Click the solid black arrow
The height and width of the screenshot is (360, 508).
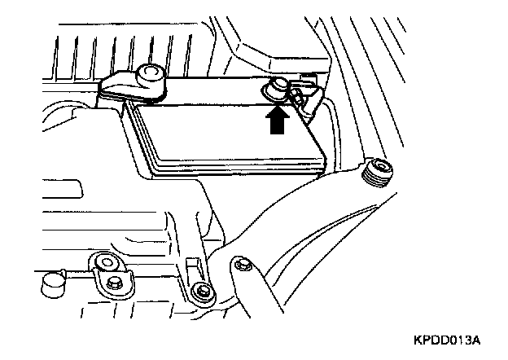point(277,121)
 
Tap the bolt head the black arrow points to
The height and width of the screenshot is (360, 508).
point(277,87)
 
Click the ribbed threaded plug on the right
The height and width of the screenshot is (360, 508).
point(378,172)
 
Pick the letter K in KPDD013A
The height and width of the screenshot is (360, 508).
point(419,337)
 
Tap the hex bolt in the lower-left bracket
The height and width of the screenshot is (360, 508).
point(114,282)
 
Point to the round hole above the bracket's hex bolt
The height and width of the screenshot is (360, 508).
point(104,262)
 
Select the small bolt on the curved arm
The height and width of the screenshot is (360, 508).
point(241,265)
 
